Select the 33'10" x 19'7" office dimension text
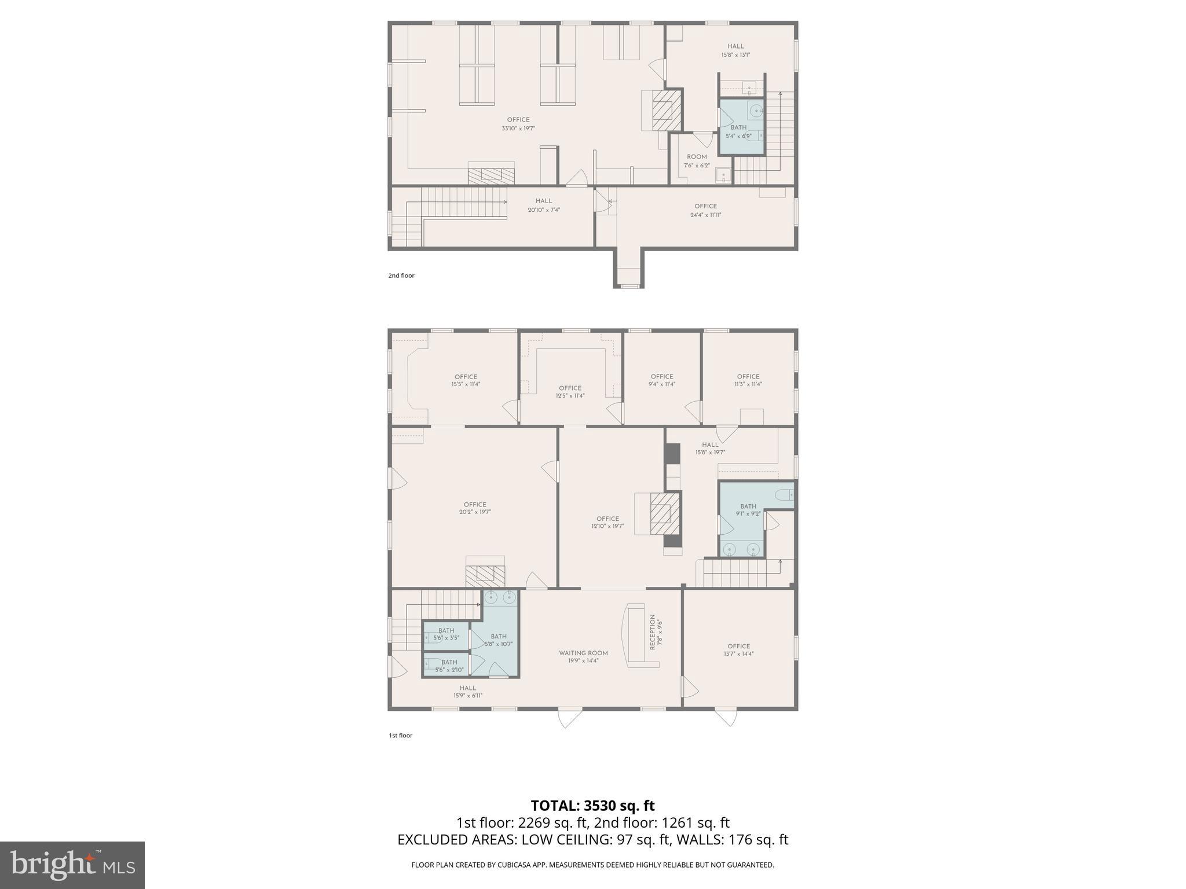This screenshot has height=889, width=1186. (x=518, y=128)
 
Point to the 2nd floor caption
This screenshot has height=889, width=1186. (x=401, y=275)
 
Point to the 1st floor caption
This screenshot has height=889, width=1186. (x=400, y=736)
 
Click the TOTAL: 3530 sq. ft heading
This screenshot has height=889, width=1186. (x=592, y=805)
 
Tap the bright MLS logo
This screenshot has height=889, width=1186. (x=72, y=865)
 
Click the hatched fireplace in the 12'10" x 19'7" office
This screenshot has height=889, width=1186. (x=661, y=513)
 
